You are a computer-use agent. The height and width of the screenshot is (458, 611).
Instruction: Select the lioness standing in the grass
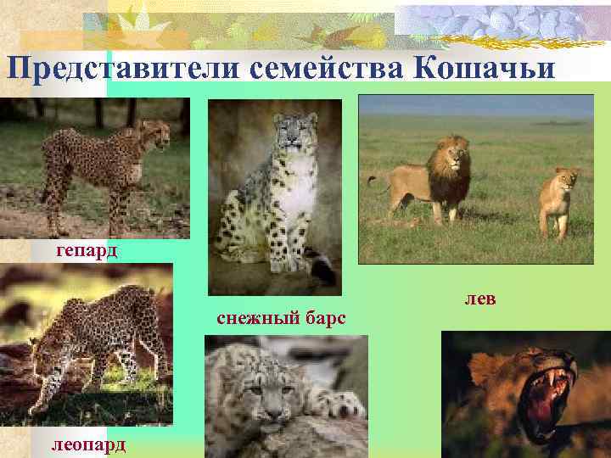coord(558,199)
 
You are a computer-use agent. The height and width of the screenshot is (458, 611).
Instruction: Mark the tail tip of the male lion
coord(370,180)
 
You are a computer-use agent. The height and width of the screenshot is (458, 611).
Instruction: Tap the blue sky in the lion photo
coord(475,105)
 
